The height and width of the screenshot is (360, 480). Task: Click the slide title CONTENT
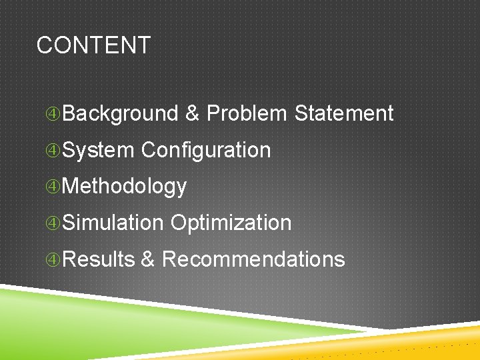click(x=93, y=45)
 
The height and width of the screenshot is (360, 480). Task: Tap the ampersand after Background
click(x=192, y=113)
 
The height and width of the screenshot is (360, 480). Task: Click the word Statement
click(x=343, y=113)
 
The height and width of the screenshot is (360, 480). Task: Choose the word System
click(x=98, y=150)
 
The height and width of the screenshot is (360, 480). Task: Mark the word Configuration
click(x=206, y=150)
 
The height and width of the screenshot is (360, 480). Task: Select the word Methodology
click(x=124, y=187)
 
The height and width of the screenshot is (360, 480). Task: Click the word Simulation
click(x=113, y=223)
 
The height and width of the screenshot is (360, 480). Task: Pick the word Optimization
click(x=231, y=223)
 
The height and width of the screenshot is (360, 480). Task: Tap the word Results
click(x=99, y=259)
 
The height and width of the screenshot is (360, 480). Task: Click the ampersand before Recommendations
click(x=147, y=259)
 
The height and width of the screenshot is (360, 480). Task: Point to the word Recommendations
click(x=253, y=259)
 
